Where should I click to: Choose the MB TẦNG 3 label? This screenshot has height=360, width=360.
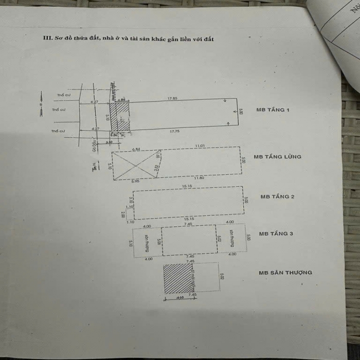click(276, 233)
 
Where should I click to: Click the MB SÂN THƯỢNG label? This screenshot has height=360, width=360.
click(285, 273)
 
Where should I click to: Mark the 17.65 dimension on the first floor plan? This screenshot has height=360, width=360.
click(172, 98)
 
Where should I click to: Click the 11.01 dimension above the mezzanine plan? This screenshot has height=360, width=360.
click(200, 146)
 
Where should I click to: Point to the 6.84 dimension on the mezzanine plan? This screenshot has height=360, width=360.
click(136, 149)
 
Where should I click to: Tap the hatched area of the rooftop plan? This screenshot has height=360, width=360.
click(176, 278)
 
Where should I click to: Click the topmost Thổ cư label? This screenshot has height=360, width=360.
click(63, 95)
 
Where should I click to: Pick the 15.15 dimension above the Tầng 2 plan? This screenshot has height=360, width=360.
click(186, 186)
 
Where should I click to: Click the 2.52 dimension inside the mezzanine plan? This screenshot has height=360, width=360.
click(155, 168)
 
